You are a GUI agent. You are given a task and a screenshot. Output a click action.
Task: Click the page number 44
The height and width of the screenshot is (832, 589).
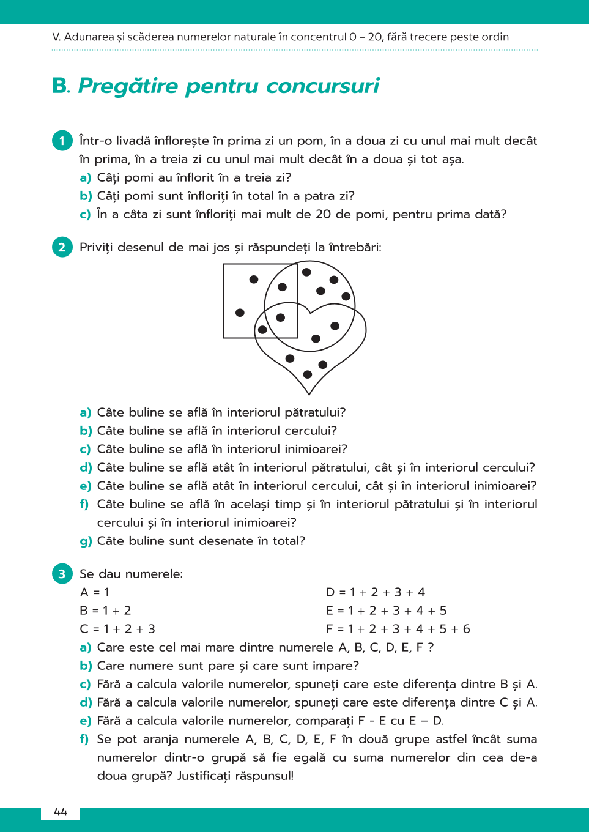(61, 812)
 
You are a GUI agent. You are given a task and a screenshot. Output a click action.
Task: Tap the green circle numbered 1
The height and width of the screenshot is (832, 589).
(62, 141)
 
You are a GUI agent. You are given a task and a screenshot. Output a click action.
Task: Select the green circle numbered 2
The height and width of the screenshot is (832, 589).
(62, 247)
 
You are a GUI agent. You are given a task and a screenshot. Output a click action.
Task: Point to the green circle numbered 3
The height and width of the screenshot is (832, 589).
(62, 574)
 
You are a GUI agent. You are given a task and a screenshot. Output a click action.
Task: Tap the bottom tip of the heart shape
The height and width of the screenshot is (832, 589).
(309, 393)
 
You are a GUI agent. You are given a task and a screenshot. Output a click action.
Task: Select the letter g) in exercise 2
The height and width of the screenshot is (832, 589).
(86, 541)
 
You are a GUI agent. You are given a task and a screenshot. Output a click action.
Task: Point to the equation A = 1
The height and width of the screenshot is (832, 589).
(95, 592)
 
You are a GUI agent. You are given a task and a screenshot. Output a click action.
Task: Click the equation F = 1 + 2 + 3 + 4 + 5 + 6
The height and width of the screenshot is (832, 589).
(398, 629)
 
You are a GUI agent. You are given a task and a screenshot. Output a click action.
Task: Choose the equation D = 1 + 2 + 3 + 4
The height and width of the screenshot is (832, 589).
(376, 592)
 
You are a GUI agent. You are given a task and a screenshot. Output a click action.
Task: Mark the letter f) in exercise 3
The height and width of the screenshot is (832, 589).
(84, 739)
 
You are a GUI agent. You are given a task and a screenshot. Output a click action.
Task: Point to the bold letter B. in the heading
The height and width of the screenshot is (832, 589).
(61, 86)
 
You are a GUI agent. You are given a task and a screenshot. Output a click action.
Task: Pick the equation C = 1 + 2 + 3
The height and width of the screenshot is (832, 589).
(117, 629)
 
